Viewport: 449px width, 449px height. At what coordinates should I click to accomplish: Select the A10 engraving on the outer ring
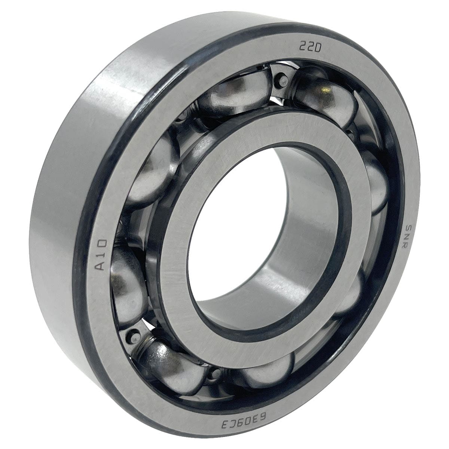pos(102,255)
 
